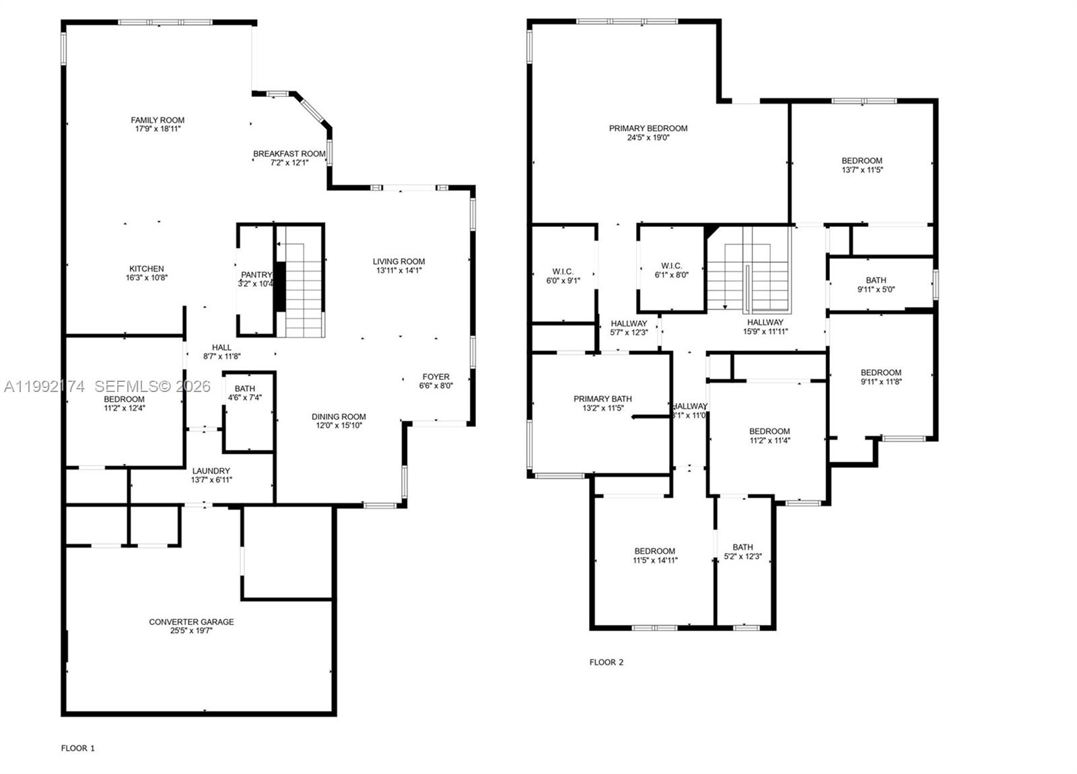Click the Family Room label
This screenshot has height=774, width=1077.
[158, 121]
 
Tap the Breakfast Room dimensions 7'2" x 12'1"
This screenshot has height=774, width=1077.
[289, 163]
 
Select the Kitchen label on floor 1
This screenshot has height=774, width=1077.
[146, 269]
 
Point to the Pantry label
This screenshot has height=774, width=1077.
[256, 275]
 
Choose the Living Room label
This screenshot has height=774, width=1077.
[399, 261]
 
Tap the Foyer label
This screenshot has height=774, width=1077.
[436, 377]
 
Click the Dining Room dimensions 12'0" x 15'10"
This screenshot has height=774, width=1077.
[339, 426]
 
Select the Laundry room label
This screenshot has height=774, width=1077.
[211, 471]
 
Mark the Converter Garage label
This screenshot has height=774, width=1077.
[191, 622]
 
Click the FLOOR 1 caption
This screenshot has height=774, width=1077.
[78, 748]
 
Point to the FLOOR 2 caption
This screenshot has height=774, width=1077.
[606, 662]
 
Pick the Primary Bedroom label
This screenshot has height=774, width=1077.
[648, 129]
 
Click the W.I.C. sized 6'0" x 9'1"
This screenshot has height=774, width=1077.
[563, 276]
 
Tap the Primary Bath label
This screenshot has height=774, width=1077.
[602, 399]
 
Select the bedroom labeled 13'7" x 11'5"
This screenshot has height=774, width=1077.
[862, 165]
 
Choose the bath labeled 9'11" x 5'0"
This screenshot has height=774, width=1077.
[876, 285]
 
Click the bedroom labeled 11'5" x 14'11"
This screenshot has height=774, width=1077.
[654, 555]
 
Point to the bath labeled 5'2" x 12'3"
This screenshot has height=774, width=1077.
[742, 552]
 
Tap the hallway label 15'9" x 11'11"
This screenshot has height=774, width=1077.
[765, 327]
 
